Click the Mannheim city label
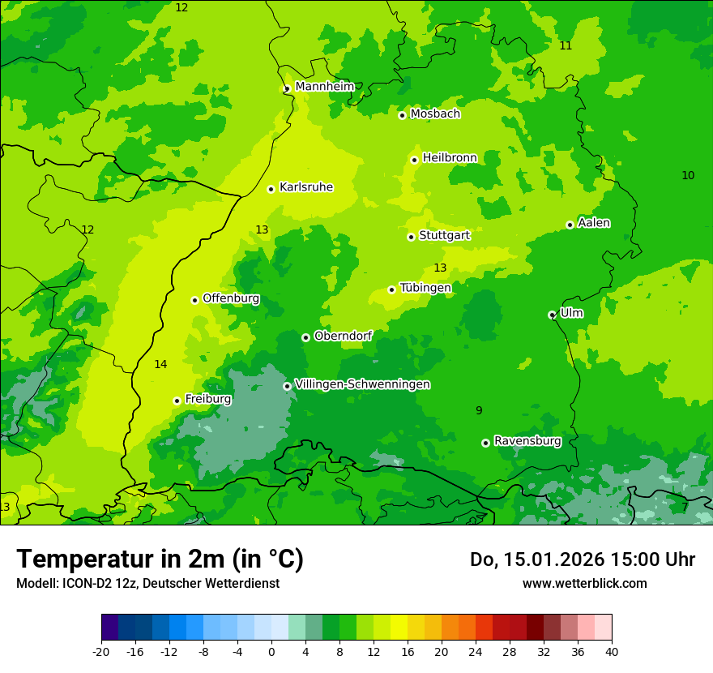[324, 87]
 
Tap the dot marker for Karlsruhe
[271, 189]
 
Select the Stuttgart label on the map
[444, 235]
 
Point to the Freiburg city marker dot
[177, 401]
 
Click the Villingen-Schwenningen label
[362, 384]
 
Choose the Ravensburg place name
[527, 441]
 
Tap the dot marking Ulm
[552, 315]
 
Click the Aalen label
[593, 223]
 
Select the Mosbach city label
[435, 114]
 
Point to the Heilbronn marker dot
[414, 160]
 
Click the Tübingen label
[425, 288]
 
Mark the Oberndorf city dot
[305, 337]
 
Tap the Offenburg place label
[231, 298]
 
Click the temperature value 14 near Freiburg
[160, 365]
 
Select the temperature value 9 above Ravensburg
[479, 411]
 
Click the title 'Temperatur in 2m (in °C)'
[160, 559]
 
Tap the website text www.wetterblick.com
[584, 584]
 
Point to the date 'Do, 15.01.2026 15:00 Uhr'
[582, 559]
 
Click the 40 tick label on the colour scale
[611, 652]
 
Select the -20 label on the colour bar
[101, 652]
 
